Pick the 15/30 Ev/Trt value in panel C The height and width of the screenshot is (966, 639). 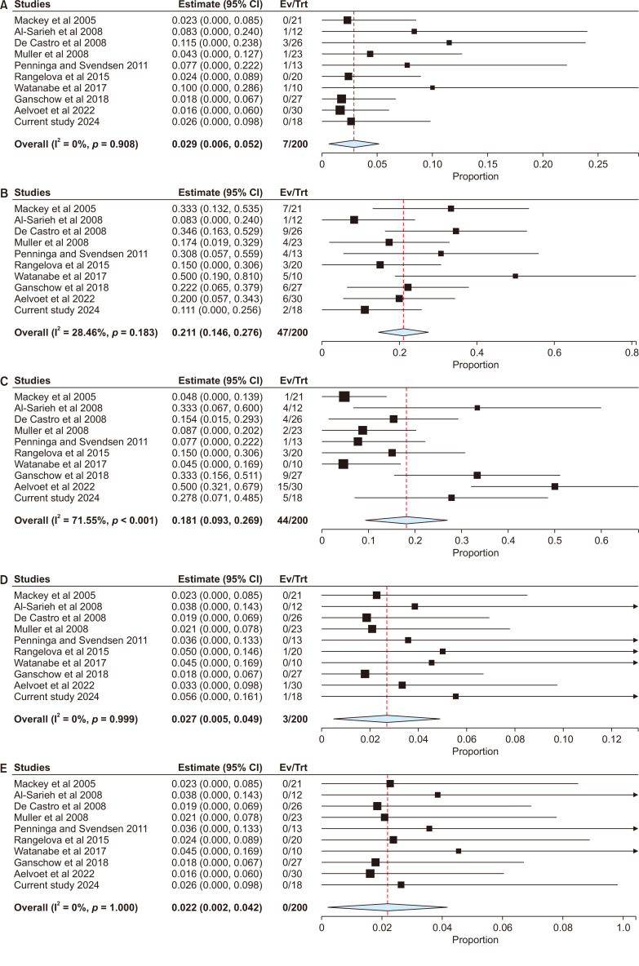point(291,485)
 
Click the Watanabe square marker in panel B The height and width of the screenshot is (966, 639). point(516,207)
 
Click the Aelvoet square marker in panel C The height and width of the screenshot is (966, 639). point(555,486)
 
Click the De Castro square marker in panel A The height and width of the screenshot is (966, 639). point(449,42)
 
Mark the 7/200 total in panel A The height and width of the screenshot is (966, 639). point(291,144)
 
